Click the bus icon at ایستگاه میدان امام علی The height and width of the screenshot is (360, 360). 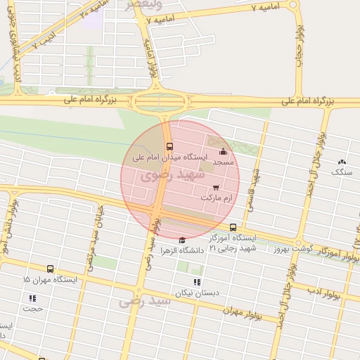click(169, 146)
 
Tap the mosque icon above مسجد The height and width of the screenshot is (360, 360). click(224, 151)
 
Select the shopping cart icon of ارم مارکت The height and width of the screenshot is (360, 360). click(215, 188)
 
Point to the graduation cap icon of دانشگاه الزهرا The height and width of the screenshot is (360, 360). click(182, 240)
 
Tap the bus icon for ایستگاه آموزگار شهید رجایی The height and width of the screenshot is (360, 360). click(233, 227)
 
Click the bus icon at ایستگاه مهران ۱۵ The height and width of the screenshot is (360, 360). click(50, 269)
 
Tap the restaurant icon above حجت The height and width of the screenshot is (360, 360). click(32, 298)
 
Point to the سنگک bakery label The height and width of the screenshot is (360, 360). click(342, 172)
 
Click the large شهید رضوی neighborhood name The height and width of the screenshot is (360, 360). click(166, 174)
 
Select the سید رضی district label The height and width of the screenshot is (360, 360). click(146, 301)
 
